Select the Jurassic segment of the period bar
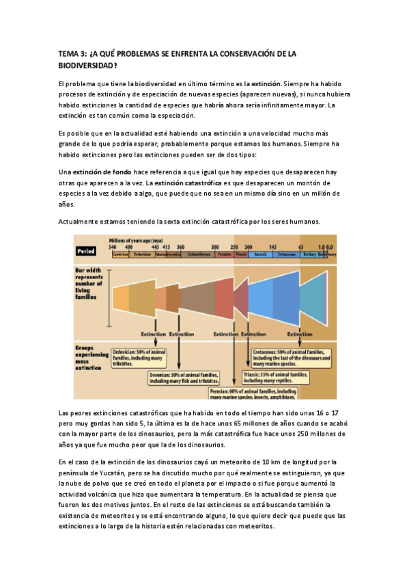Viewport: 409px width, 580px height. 259,254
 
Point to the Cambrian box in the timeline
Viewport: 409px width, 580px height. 120,254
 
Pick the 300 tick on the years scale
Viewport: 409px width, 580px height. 215,246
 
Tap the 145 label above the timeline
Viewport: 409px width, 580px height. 272,246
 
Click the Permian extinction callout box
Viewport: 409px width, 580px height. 252,393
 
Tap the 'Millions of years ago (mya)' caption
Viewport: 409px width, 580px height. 135,239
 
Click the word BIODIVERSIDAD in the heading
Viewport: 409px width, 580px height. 88,66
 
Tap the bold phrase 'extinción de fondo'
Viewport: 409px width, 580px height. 103,172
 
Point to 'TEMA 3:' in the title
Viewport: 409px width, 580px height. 72,54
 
